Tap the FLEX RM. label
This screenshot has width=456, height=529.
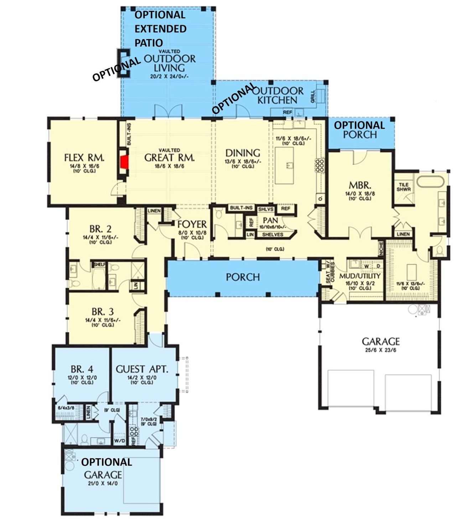pos(84,158)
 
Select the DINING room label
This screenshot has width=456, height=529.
pos(243,153)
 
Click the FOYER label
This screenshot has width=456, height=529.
pos(192,224)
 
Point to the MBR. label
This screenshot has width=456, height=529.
pos(360,185)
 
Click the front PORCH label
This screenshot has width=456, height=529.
pos(243,277)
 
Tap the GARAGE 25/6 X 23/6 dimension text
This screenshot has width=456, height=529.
pos(380,350)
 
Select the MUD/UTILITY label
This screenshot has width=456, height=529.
pos(360,276)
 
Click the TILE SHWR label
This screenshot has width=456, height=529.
pos(404,187)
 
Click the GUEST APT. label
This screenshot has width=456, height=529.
pos(141,369)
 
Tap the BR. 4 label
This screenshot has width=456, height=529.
pos(82,369)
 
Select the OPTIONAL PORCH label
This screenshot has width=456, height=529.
pos(359,130)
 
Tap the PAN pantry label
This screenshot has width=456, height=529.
pos(270,221)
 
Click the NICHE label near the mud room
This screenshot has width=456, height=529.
pos(381,248)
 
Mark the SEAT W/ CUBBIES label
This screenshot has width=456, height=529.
pos(330,273)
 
